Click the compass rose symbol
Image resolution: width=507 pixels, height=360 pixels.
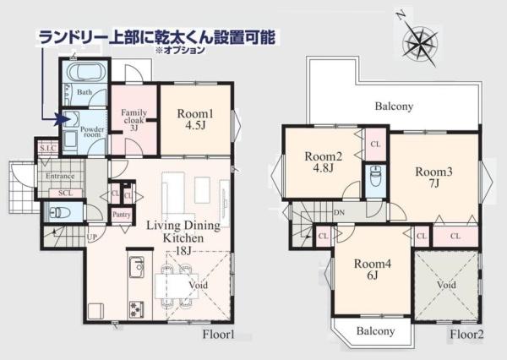point(420,41)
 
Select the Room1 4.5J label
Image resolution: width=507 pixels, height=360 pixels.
point(195,119)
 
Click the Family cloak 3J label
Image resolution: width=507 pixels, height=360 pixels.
point(134,120)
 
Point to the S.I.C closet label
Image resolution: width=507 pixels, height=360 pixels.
point(48,149)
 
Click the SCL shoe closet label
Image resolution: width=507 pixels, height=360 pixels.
point(66,194)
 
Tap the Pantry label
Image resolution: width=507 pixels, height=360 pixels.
point(122,215)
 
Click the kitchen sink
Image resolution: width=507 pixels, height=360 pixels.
point(137,267)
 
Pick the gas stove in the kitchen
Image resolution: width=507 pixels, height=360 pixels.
point(137,309)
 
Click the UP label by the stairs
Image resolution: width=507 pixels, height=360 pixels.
point(92,237)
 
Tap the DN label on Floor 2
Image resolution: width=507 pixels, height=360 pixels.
point(339,212)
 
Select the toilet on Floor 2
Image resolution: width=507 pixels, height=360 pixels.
point(376,176)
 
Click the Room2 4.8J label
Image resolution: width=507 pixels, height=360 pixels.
point(324,162)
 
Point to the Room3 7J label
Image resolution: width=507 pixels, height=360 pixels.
point(434,177)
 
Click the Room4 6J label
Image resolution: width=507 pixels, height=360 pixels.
point(373,270)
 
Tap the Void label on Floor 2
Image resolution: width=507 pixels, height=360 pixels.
point(446,285)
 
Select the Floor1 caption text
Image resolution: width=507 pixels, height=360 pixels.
point(219,335)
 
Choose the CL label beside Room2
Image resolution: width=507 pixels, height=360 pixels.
point(375,145)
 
